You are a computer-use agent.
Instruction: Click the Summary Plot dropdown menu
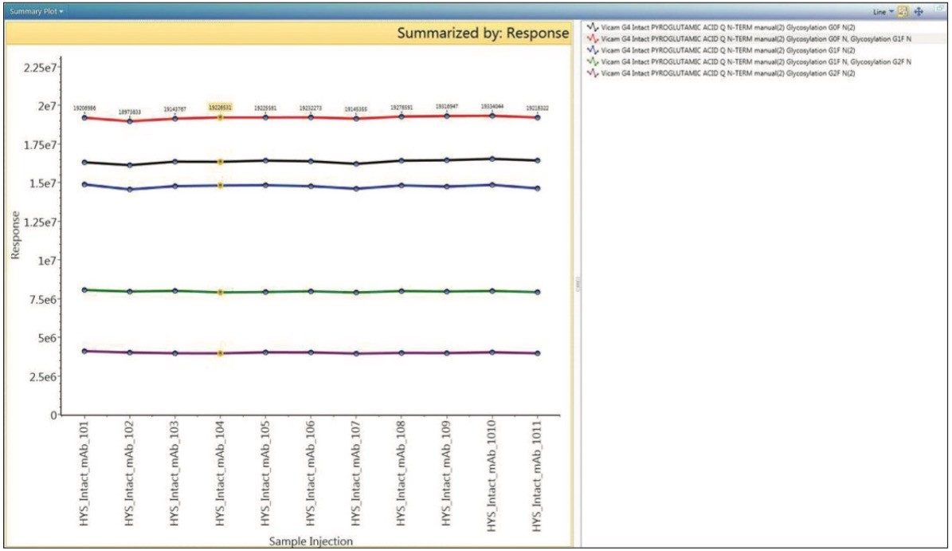(37, 12)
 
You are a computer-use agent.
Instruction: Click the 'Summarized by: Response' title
(483, 33)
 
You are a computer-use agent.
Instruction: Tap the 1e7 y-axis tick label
(45, 261)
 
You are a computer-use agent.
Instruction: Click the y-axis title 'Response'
(16, 234)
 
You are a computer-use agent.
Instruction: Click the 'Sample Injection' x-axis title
(311, 541)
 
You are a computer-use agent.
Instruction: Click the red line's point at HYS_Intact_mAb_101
(84, 118)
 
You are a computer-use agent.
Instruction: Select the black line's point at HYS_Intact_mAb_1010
(492, 159)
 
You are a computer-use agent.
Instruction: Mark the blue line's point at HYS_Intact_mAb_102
(130, 189)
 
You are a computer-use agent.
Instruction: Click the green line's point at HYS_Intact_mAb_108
(402, 291)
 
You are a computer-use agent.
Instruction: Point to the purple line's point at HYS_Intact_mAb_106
(311, 352)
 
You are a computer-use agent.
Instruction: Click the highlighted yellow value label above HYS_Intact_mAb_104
(220, 106)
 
